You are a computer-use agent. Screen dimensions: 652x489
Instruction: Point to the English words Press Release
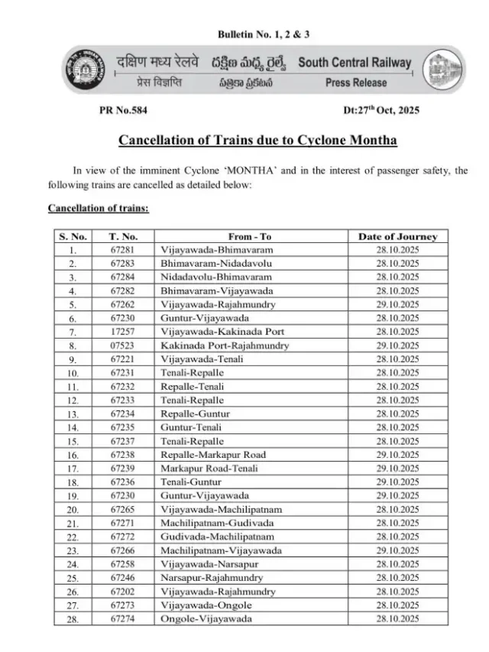click(356, 83)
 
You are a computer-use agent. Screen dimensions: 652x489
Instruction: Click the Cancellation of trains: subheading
click(99, 208)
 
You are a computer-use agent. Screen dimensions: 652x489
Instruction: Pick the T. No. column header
click(122, 237)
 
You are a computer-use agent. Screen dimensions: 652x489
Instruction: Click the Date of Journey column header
click(397, 237)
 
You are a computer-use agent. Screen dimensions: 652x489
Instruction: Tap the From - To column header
click(250, 237)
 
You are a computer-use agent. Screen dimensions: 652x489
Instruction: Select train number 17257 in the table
click(122, 333)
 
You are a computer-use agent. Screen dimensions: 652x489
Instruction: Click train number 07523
click(122, 345)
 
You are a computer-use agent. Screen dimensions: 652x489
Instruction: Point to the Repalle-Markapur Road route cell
click(212, 454)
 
